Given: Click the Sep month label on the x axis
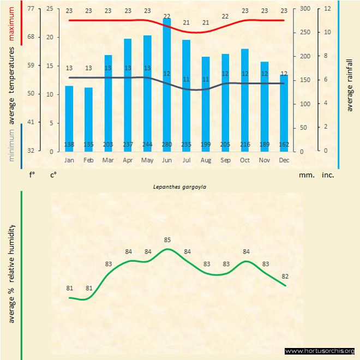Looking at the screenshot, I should click(x=225, y=160).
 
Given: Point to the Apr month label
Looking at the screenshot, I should click(x=128, y=160).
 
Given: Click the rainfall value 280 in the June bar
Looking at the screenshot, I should click(x=167, y=145).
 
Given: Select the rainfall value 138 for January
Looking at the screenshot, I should click(x=69, y=145).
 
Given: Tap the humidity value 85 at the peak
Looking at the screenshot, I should click(x=167, y=239).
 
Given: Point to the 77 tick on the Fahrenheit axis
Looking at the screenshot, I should click(x=31, y=9).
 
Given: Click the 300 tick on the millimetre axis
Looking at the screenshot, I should click(x=304, y=9).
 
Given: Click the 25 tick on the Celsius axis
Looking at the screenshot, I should click(x=50, y=9).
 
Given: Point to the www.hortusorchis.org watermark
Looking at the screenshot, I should click(x=320, y=351).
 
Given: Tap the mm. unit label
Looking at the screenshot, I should click(x=305, y=175).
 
